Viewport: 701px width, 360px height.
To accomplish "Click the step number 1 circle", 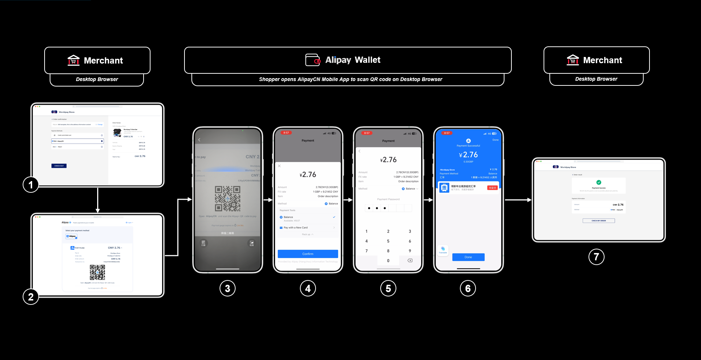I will coord(31,185).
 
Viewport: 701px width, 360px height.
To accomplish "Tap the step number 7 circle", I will coord(596,257).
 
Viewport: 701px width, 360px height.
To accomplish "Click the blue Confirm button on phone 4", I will coord(308,254).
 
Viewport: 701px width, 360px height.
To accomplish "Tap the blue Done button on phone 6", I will coord(468,257).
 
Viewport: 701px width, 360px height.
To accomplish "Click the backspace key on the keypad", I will coord(410,260).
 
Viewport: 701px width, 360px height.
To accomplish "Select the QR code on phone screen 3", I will coord(227,199).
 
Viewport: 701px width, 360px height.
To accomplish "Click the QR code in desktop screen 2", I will coord(97,272).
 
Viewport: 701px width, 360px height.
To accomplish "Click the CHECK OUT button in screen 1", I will coord(59,166).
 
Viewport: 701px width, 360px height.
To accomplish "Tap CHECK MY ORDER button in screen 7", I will coord(598,221).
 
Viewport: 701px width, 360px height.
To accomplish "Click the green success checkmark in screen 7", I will coord(598,182).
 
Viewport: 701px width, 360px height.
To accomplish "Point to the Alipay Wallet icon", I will coord(313,60).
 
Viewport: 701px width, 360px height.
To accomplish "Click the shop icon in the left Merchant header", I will coord(73,60).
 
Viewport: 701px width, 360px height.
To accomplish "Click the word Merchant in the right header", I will coord(602,60).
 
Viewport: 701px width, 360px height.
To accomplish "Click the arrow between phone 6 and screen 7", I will coord(518,200).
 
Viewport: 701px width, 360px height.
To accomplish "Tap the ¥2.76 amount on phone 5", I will coord(388,160).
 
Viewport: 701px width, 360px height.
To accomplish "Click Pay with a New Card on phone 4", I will coord(296,227).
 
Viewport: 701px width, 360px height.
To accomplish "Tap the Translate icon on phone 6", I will coord(443,250).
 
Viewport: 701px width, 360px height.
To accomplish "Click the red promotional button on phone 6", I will coord(492,188).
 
